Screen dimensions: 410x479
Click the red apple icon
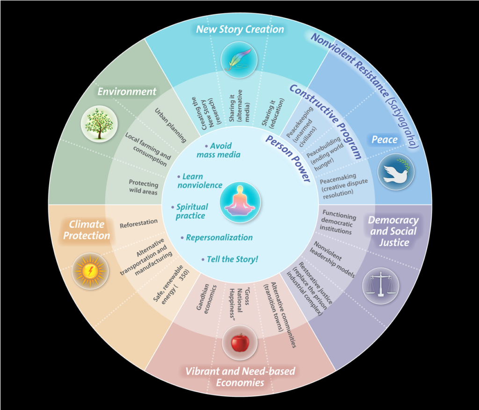(x=240, y=342)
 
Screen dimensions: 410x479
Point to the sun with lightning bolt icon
(x=90, y=271)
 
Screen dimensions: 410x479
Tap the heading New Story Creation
(x=240, y=29)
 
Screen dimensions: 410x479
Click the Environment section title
(x=127, y=91)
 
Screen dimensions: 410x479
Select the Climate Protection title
(x=87, y=230)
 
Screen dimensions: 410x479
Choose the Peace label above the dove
(x=385, y=139)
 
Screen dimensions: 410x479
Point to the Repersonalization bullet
(x=219, y=237)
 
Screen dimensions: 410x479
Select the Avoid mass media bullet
(x=219, y=150)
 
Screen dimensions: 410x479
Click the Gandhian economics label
(x=204, y=300)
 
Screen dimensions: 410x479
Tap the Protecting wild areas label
(x=144, y=187)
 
